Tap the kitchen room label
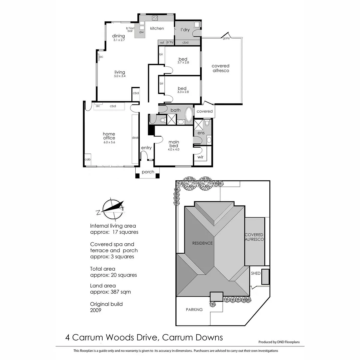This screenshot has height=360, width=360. click(x=157, y=28)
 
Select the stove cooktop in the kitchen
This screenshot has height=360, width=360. click(x=155, y=18)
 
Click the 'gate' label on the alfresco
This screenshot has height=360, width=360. click(x=226, y=38)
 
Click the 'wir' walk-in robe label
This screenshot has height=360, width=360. click(x=200, y=157)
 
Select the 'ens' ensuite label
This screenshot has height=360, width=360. click(x=201, y=133)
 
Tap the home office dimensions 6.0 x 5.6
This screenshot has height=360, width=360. click(x=109, y=142)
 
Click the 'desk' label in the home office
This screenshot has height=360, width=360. click(x=135, y=138)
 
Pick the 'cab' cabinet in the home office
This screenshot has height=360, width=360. click(x=87, y=159)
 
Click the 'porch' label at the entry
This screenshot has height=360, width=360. click(x=148, y=172)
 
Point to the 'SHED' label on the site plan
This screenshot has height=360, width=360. click(x=256, y=273)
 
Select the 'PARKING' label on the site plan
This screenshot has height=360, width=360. click(x=194, y=309)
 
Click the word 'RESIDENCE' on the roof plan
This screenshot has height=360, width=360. click(x=202, y=243)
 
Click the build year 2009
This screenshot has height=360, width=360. click(x=96, y=310)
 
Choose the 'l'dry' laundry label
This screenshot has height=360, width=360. click(x=185, y=30)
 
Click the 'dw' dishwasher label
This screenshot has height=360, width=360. click(x=141, y=32)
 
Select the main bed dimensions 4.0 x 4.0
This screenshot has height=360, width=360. click(x=173, y=149)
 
